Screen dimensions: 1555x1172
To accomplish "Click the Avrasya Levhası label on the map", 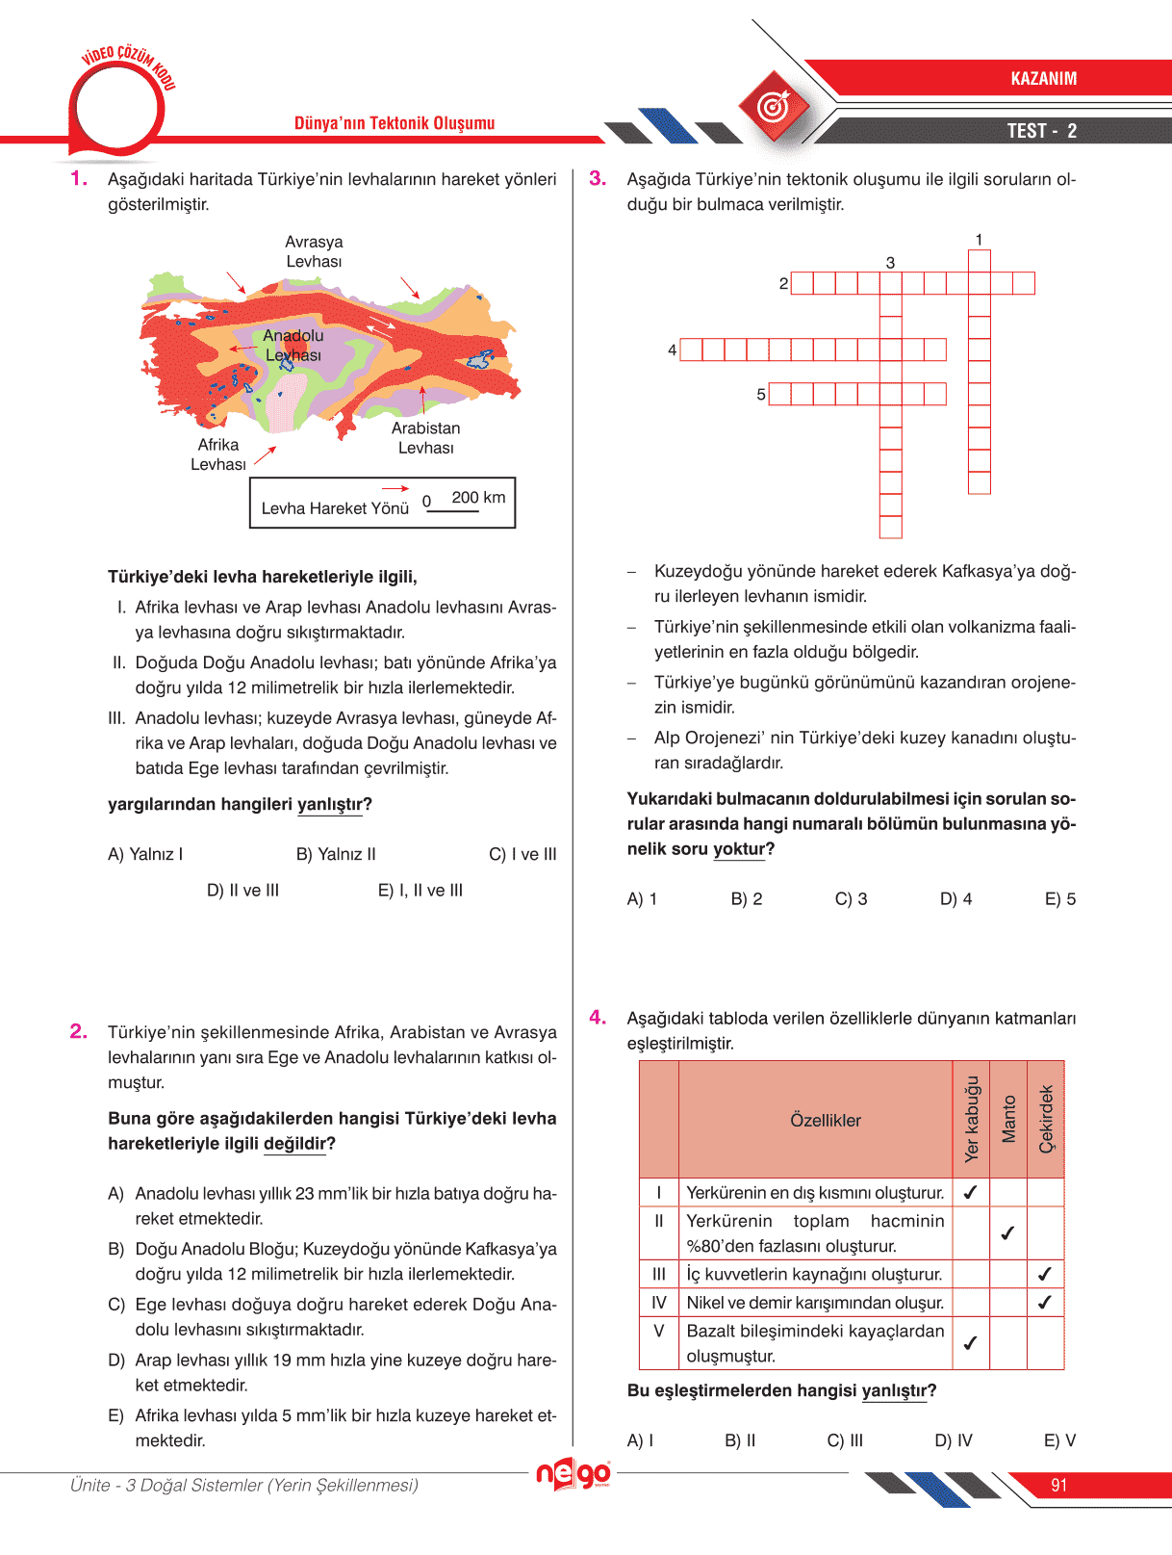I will tap(314, 251).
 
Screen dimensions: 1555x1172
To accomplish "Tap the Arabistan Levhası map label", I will tap(425, 438).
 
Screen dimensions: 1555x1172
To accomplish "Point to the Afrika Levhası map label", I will tap(218, 454).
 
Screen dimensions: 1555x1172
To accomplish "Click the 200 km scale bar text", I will tap(477, 498).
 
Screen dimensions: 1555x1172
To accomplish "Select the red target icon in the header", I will tap(774, 106).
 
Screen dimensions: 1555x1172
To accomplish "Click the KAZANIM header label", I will tap(1043, 79).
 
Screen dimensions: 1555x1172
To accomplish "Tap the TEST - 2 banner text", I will tap(1041, 131).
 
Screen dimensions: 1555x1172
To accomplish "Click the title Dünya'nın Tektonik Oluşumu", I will tap(395, 123).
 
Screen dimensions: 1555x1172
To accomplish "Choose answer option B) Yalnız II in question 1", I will tap(336, 854).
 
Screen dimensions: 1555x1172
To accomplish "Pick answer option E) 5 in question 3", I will tap(1060, 899).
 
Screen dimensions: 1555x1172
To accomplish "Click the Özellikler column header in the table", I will tap(825, 1121).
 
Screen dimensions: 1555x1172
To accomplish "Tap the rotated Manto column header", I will tap(1008, 1119).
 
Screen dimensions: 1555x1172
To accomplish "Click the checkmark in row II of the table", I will tap(1007, 1232).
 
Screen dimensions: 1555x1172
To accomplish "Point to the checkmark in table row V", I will tap(970, 1342).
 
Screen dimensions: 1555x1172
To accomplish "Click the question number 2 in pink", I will tap(79, 1031).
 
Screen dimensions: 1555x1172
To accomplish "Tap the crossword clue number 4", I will tap(672, 350).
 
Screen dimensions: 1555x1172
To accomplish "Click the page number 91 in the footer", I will tap(1058, 1486).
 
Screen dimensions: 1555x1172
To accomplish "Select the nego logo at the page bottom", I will tap(573, 1474).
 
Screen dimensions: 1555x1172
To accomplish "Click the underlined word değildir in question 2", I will tap(294, 1144).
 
